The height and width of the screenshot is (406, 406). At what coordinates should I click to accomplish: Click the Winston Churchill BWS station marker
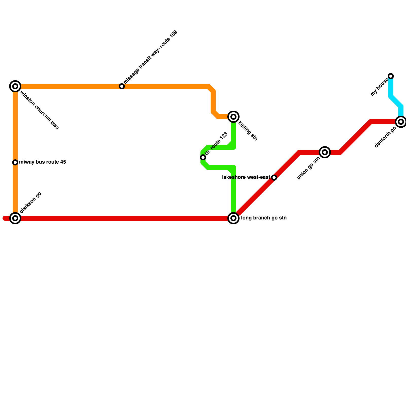[15, 86]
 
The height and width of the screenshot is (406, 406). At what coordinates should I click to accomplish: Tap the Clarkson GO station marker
[15, 218]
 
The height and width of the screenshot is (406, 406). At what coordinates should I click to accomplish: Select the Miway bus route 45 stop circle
[15, 162]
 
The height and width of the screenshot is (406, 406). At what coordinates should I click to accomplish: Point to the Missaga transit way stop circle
[122, 86]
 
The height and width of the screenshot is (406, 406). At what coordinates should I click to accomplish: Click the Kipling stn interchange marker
[233, 117]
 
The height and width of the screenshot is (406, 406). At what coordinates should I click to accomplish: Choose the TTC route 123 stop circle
[203, 157]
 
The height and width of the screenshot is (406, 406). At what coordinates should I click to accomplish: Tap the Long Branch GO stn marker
[233, 218]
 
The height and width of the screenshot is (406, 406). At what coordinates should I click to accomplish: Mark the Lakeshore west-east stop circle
[274, 178]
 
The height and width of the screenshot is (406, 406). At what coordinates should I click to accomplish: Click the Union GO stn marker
[325, 152]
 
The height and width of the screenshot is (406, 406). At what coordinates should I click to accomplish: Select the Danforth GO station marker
[401, 122]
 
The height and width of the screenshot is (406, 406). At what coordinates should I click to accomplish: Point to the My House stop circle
[391, 76]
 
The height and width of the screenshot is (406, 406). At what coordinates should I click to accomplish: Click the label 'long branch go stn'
[264, 218]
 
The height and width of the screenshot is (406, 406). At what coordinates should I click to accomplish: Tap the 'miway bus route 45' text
[42, 162]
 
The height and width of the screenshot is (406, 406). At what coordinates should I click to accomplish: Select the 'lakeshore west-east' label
[246, 177]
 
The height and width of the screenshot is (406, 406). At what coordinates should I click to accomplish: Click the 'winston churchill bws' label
[39, 110]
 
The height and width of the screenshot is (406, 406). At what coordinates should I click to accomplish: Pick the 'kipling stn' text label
[248, 131]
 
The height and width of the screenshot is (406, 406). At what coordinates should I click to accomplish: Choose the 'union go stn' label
[308, 169]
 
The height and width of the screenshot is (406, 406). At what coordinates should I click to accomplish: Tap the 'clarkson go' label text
[30, 202]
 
